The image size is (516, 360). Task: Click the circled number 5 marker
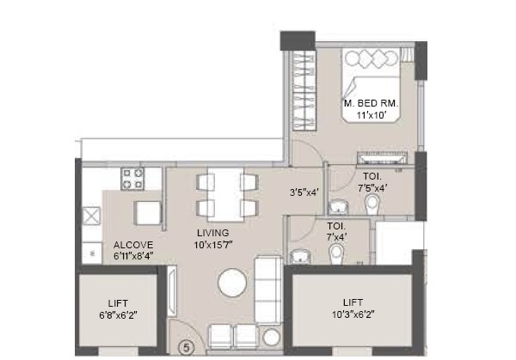[187, 347]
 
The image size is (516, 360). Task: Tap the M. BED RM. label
[371, 104]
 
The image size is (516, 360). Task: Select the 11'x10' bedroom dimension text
[371, 115]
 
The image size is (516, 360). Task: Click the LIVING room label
[213, 233]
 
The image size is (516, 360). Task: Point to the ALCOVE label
[133, 245]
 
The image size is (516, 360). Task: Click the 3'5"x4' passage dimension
[304, 192]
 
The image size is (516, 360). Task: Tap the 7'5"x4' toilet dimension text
[372, 188]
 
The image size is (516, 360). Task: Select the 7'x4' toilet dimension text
[336, 237]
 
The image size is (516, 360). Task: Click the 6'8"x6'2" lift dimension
[118, 315]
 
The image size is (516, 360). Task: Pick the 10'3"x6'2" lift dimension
[353, 314]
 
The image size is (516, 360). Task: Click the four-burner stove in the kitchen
[132, 179]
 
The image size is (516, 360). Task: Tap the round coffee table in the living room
[232, 283]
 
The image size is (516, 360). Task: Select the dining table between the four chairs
[225, 195]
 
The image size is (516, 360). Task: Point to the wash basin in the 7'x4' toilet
[299, 256]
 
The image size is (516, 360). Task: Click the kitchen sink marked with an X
[91, 216]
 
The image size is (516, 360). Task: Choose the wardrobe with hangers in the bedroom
[304, 90]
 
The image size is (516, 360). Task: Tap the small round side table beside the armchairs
[272, 337]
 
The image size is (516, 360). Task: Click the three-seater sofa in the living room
[268, 290]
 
